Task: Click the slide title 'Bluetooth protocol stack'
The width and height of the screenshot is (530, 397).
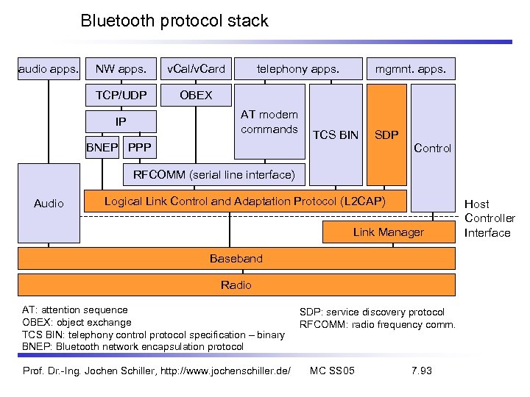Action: point(174,21)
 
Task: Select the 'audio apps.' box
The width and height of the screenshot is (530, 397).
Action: point(49,70)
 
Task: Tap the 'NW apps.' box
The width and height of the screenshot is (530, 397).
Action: point(121,70)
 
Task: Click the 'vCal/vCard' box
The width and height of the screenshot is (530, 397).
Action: point(196,70)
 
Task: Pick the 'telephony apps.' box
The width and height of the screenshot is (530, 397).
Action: point(297,70)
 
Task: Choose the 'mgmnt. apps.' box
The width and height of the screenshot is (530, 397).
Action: point(411,70)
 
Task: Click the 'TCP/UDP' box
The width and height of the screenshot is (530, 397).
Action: point(121,96)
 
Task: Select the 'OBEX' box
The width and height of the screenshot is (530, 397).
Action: point(196,96)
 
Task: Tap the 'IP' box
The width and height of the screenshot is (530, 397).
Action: point(121,122)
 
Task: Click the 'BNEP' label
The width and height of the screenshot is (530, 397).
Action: point(102,149)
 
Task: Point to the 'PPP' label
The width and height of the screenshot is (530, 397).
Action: point(139,149)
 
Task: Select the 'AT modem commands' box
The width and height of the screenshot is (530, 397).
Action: point(269,122)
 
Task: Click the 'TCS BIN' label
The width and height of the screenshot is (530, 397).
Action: point(336,135)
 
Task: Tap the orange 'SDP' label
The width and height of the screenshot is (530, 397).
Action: point(386,135)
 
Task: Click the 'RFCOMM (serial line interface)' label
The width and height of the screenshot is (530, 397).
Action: point(213,175)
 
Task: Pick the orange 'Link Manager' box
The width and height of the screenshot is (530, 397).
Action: point(388,232)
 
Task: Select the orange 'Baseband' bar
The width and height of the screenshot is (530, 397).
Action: point(236,259)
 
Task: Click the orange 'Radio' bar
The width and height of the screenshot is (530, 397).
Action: point(236,285)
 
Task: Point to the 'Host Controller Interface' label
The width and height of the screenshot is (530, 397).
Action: point(490,218)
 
